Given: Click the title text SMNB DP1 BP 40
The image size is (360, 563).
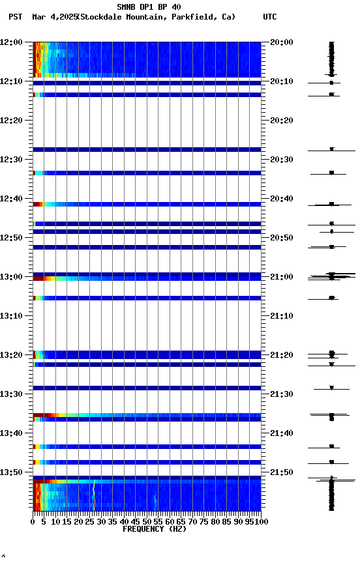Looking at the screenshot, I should [149, 7].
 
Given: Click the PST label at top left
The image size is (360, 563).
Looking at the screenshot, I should [16, 17].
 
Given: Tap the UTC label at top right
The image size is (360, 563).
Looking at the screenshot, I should [270, 17].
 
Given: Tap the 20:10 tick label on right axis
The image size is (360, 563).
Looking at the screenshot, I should [280, 81].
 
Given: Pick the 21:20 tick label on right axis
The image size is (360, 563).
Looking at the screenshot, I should [280, 355].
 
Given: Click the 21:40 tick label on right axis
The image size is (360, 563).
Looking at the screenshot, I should [280, 433].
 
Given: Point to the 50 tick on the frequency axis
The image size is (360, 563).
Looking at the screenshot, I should [147, 521].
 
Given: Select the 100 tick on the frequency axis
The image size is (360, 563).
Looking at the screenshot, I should [260, 521].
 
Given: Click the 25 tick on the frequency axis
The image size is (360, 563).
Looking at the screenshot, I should [90, 521].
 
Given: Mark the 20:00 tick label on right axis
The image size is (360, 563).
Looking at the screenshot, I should [280, 42].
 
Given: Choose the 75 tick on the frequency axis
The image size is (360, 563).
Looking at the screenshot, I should [203, 521].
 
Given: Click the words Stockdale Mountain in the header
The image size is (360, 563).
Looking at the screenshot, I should [123, 17].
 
